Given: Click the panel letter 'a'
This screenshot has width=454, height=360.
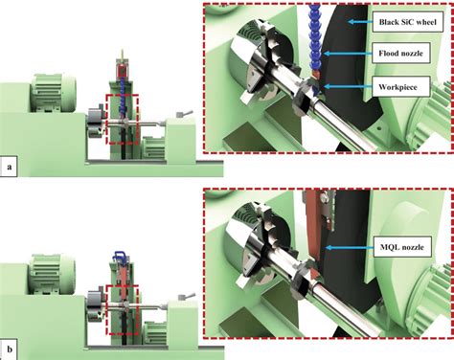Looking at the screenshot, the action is coord(10,168).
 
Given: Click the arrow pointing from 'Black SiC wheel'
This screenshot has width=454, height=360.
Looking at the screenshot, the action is coord(360,20).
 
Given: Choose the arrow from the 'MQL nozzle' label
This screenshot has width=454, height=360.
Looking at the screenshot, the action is coord(349,246).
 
